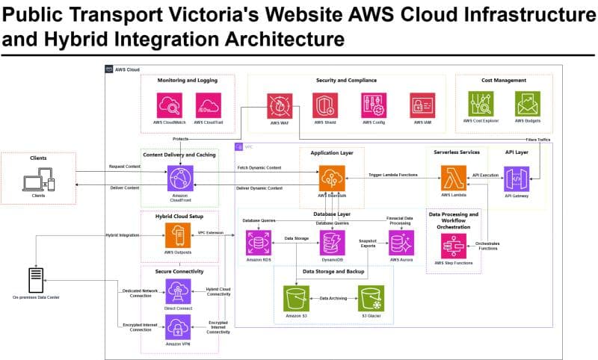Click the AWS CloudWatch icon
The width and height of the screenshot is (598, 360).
pos(169,105)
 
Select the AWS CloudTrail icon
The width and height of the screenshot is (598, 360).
pos(208,105)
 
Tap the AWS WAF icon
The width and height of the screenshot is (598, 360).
pos(279,105)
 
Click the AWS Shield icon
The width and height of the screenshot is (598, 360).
pos(324,105)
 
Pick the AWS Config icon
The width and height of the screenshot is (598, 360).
pos(373,105)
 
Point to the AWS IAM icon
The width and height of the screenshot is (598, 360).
pos(422,105)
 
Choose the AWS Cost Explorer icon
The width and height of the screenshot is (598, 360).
pos(481,104)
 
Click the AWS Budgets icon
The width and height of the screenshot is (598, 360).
pos(528,104)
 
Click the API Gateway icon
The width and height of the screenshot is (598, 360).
pos(517,180)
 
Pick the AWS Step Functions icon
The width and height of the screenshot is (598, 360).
pos(454,245)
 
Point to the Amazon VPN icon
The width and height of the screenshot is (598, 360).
pos(178,327)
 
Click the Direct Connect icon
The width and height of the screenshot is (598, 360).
pos(178,290)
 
